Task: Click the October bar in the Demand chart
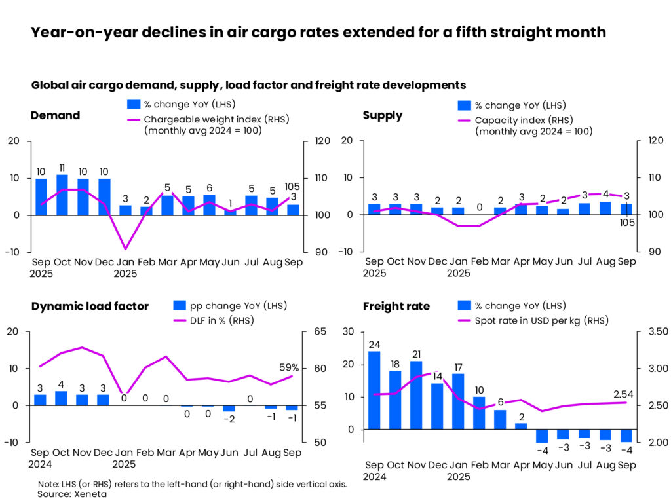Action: coord(62,195)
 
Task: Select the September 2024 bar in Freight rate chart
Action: coord(374,390)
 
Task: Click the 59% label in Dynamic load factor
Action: coord(289,367)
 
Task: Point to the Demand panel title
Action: coord(55,115)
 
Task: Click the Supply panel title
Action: coord(383,115)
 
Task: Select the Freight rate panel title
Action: coord(396,306)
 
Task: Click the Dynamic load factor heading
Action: coord(90,306)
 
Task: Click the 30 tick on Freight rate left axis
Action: coord(349,332)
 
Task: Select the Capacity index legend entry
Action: coord(518,121)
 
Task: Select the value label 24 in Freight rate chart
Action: coord(374,345)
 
